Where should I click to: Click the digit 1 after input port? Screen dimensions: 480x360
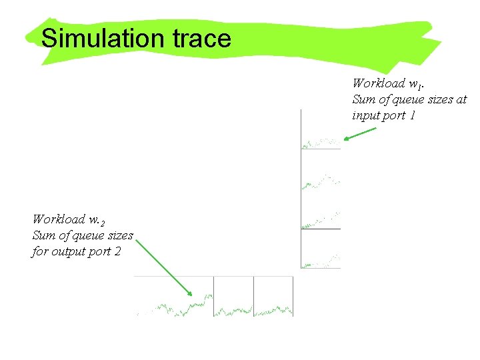413,115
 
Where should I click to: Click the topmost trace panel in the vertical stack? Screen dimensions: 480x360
321,130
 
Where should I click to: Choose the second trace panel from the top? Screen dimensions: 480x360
321,169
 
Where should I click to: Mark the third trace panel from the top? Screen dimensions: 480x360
321,209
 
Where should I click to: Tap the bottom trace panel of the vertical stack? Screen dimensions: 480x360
321,249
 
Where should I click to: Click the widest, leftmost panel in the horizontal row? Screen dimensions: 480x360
174,296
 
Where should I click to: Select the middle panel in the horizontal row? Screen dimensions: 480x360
233,296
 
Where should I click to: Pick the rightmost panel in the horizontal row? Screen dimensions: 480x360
273,296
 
